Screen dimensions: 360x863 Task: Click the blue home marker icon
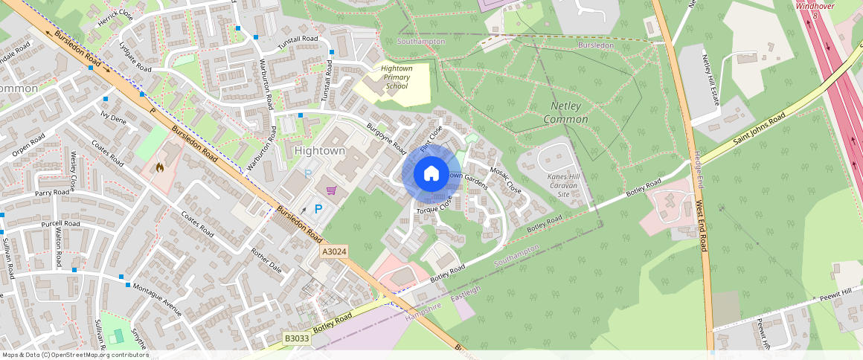431,173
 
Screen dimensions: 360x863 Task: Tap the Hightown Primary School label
396,77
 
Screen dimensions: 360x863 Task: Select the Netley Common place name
565,113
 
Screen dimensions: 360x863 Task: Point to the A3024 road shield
335,253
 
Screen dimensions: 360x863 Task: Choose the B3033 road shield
298,338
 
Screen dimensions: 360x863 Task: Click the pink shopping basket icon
331,190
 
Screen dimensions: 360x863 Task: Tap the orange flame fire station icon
159,168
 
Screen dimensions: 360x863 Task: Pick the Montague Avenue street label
157,298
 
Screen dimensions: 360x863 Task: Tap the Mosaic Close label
505,179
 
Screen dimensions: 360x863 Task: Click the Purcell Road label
61,223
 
